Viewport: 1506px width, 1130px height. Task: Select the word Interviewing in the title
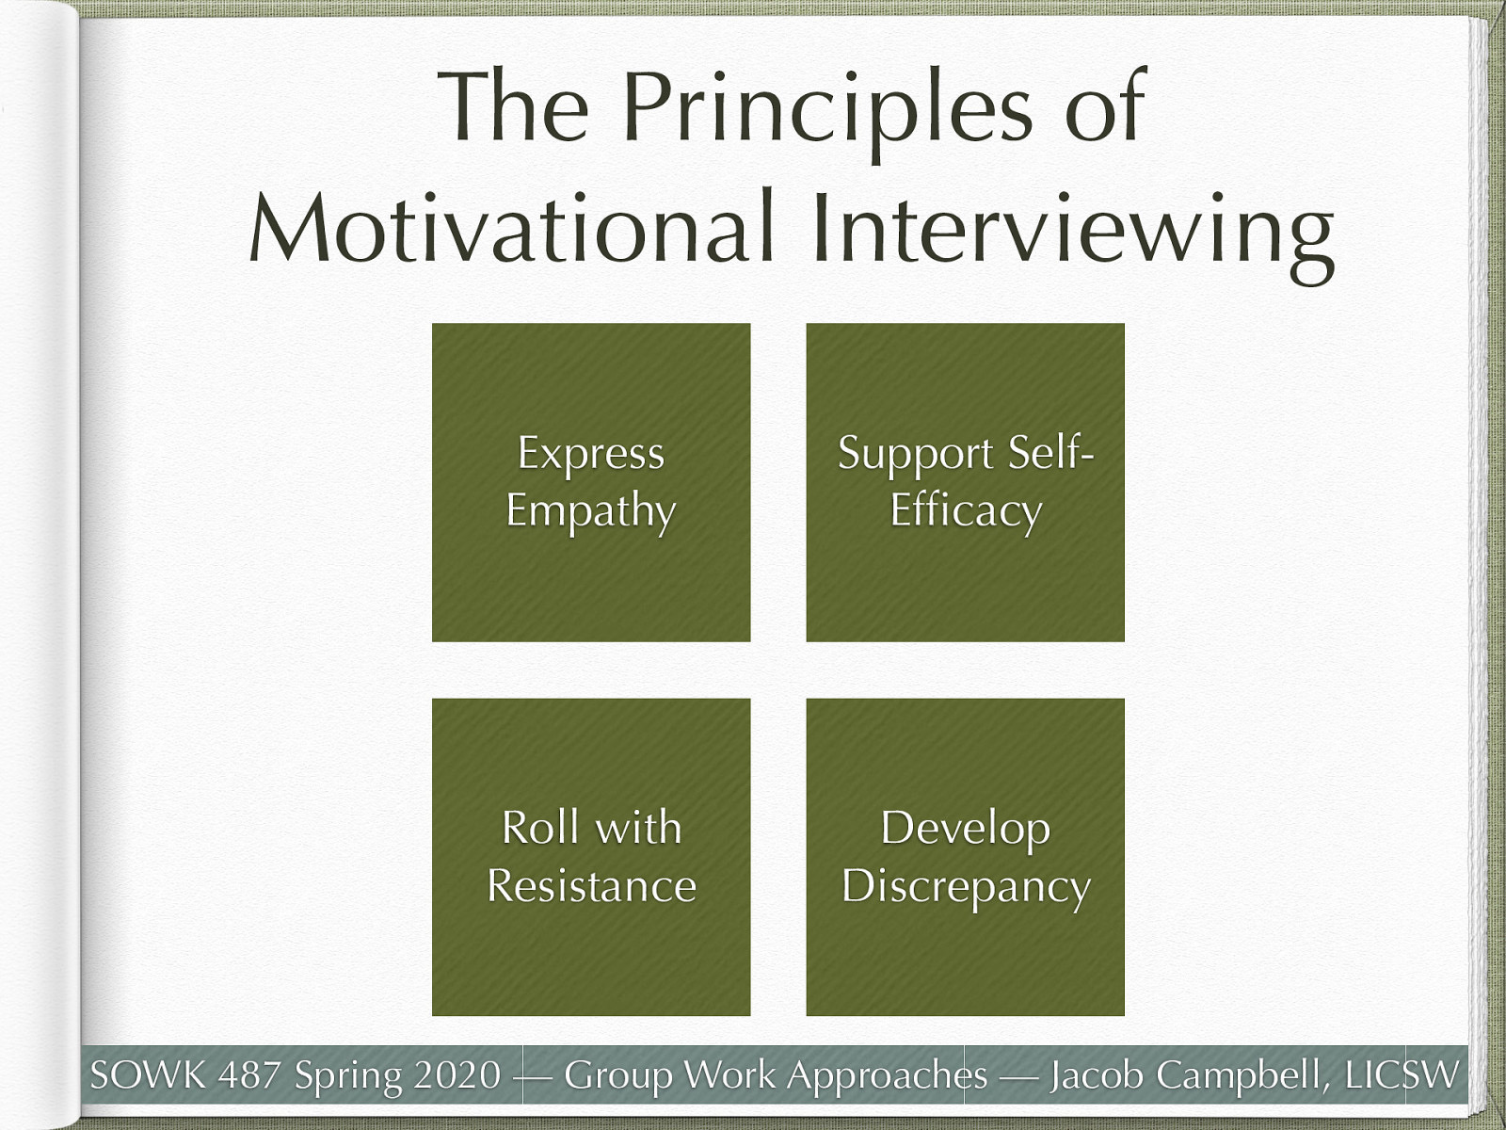point(1072,234)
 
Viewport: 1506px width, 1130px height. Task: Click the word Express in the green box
point(590,454)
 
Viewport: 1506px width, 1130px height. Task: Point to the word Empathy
point(590,512)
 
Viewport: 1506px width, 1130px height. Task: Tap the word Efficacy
point(966,512)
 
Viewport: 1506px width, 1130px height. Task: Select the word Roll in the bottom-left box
point(539,828)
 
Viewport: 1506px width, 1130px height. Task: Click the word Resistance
point(591,886)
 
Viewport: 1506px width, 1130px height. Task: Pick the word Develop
point(965,829)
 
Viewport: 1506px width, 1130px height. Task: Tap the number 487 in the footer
point(250,1074)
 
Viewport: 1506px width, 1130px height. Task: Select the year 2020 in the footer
point(457,1074)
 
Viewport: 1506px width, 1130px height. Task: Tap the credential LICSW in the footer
point(1402,1074)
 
